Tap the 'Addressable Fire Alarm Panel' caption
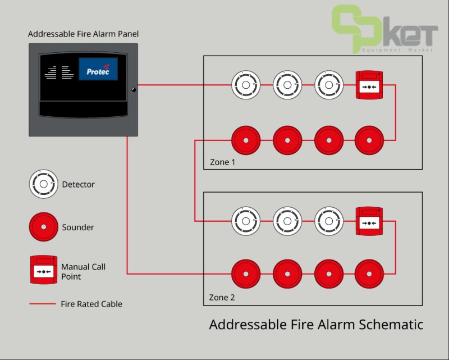pos(84,34)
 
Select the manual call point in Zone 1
pos(369,86)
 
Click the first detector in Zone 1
pos(246,85)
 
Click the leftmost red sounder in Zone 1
pos(246,140)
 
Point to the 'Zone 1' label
pos(223,162)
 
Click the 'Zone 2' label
pos(223,298)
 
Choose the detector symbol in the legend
pos(44,184)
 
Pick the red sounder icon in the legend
pos(44,227)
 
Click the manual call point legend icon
pos(44,270)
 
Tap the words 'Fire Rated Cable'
pos(91,304)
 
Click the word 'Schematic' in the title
pos(387,325)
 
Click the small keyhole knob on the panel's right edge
pos(134,89)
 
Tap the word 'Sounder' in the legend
pos(78,227)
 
